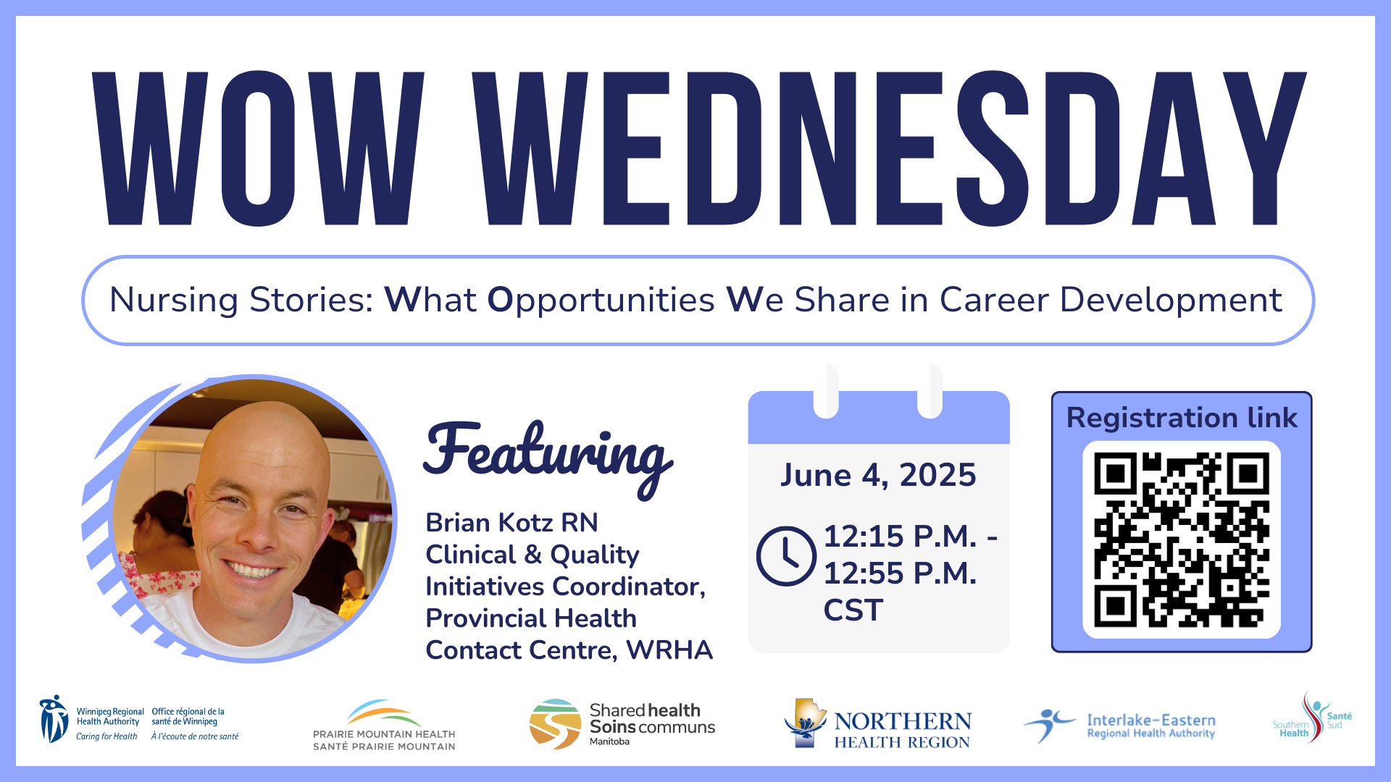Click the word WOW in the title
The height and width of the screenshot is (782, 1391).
point(258,148)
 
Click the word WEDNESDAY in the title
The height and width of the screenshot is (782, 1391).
point(889,148)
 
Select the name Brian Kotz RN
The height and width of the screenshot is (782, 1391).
point(511,522)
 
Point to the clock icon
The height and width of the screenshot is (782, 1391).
point(786,556)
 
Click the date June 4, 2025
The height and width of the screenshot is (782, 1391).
point(878,475)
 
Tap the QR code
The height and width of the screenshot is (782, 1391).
point(1181,539)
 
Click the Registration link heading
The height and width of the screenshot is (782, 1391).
point(1182,418)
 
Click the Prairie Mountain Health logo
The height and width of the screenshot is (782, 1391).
point(384,725)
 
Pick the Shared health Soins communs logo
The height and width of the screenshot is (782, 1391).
point(622,723)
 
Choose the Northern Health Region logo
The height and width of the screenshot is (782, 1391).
point(877,723)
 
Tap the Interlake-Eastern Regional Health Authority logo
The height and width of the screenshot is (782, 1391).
point(1119,725)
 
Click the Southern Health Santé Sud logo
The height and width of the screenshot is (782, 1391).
point(1312,718)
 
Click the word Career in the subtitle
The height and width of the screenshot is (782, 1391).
point(994,300)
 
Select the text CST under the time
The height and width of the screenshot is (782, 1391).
point(853,610)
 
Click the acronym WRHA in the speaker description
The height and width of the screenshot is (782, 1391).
point(669,650)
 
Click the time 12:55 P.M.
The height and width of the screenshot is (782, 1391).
point(901,573)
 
